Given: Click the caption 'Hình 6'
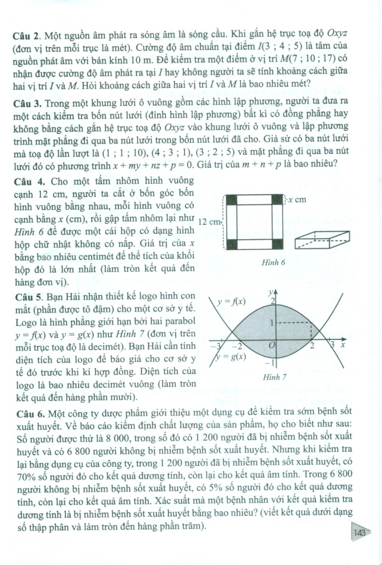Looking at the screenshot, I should click(274, 263).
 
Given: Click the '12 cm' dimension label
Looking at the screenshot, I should click(210, 221).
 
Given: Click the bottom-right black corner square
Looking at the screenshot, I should click(274, 242).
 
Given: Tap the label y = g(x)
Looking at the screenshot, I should click(230, 356).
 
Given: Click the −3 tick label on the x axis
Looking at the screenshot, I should click(216, 346).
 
